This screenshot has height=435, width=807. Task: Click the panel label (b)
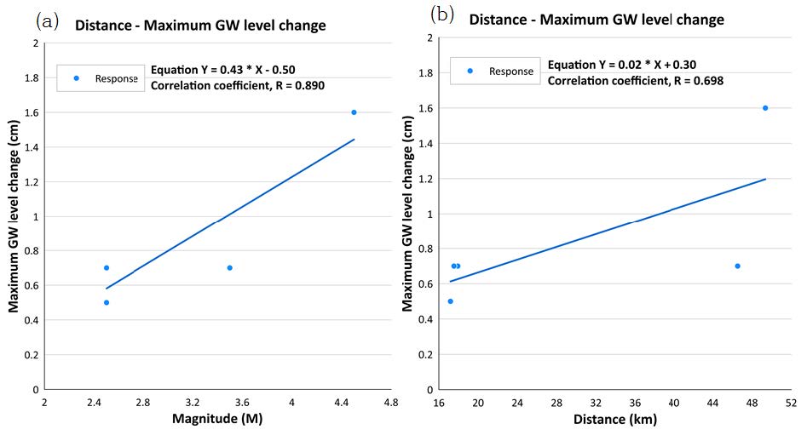pyautogui.click(x=443, y=15)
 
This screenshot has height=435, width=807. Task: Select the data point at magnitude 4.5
pyautogui.click(x=354, y=112)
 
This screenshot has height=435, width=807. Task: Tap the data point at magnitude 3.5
pyautogui.click(x=230, y=267)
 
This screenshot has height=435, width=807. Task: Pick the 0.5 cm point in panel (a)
pyautogui.click(x=107, y=302)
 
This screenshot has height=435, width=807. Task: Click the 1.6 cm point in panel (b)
pyautogui.click(x=764, y=108)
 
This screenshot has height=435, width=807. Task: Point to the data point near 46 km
pyautogui.click(x=737, y=266)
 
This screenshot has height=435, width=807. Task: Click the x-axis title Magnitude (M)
pyautogui.click(x=217, y=418)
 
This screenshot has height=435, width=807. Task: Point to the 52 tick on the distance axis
pyautogui.click(x=790, y=401)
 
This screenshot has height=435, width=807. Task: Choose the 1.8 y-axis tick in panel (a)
pyautogui.click(x=33, y=77)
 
